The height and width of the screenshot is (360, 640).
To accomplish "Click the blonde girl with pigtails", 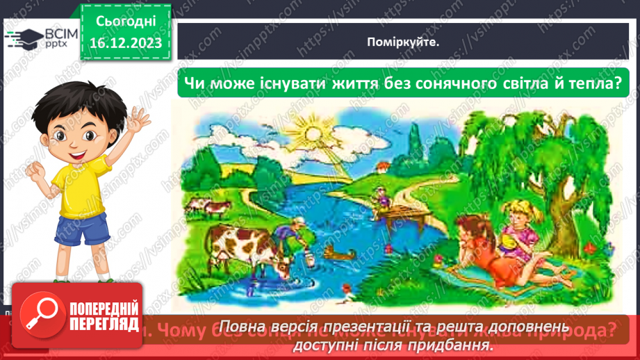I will click(x=518, y=222).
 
